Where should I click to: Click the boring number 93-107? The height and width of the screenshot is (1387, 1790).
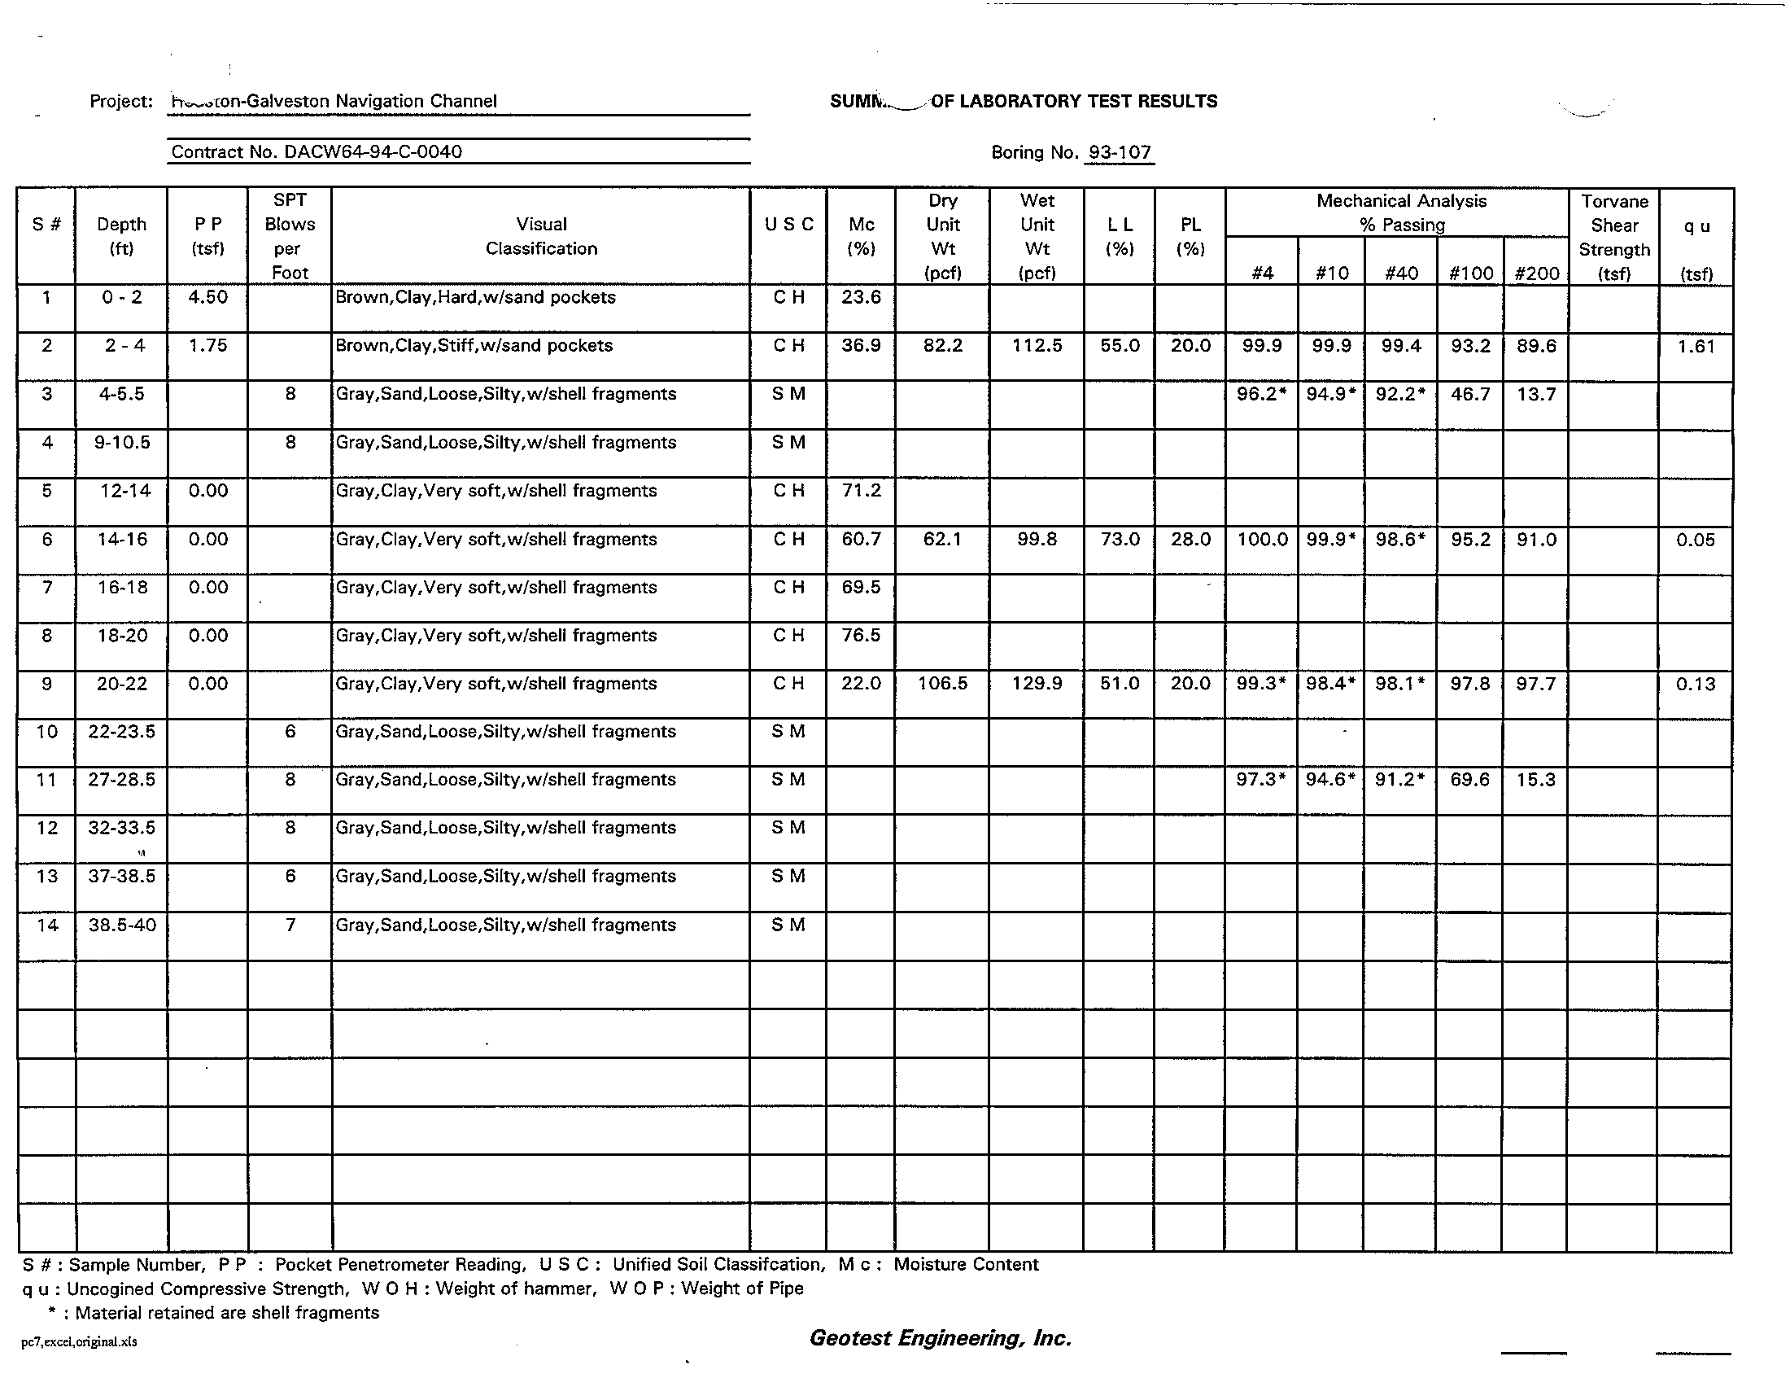(1119, 152)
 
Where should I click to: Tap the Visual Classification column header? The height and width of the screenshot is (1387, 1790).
(541, 236)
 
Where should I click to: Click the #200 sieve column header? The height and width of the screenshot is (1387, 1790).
(1536, 273)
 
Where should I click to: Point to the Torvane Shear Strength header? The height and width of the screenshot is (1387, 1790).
(1613, 237)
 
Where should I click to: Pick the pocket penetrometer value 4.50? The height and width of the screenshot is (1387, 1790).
(207, 297)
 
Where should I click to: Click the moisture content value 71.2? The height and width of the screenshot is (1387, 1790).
(861, 490)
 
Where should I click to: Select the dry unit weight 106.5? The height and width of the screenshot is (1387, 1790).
(942, 684)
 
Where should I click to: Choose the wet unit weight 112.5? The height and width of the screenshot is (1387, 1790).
(1037, 345)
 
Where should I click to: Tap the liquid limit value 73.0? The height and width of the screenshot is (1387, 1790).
(1120, 540)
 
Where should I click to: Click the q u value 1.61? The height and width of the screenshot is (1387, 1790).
(1695, 346)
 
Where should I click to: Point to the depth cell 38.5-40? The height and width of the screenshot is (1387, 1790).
(122, 925)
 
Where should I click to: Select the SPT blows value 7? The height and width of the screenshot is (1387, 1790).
(290, 925)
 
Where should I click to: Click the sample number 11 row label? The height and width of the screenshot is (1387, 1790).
(46, 779)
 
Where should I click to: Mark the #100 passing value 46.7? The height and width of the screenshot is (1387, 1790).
(1469, 394)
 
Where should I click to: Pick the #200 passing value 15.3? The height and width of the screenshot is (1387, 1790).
(1535, 780)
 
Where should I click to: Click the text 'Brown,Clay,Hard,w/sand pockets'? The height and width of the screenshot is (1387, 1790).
(475, 297)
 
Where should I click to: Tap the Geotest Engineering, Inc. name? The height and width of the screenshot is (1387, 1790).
(940, 1338)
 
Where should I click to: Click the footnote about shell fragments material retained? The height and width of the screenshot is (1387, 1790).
(215, 1312)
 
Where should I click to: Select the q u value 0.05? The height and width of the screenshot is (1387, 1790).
(1695, 540)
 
